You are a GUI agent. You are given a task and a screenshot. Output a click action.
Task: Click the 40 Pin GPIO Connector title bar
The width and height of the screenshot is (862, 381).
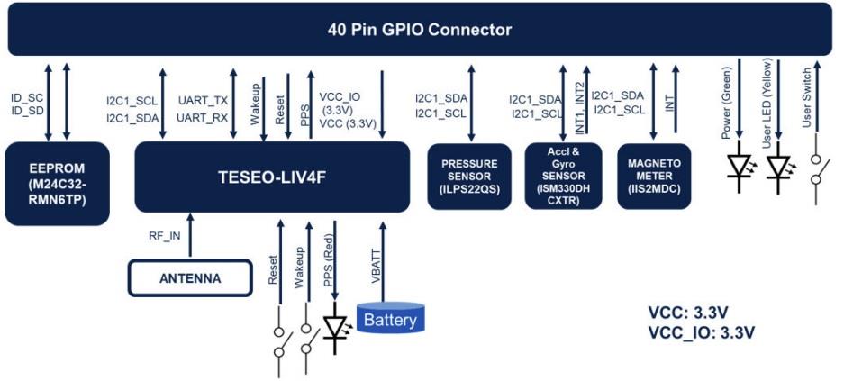[420, 30]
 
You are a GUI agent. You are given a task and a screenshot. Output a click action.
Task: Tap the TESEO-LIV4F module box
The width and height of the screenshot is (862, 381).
[270, 177]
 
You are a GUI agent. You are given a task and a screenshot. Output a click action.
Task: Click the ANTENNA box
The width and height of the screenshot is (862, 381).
[189, 278]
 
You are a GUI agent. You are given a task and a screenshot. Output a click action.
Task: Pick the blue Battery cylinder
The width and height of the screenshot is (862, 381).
[390, 318]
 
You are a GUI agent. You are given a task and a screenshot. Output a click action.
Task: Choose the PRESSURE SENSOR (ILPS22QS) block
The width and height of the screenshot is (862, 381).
[469, 177]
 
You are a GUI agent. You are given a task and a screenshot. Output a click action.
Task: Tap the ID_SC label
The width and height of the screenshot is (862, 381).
[27, 96]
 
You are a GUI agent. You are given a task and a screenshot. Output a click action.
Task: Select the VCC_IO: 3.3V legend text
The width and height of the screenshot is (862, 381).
[701, 331]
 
